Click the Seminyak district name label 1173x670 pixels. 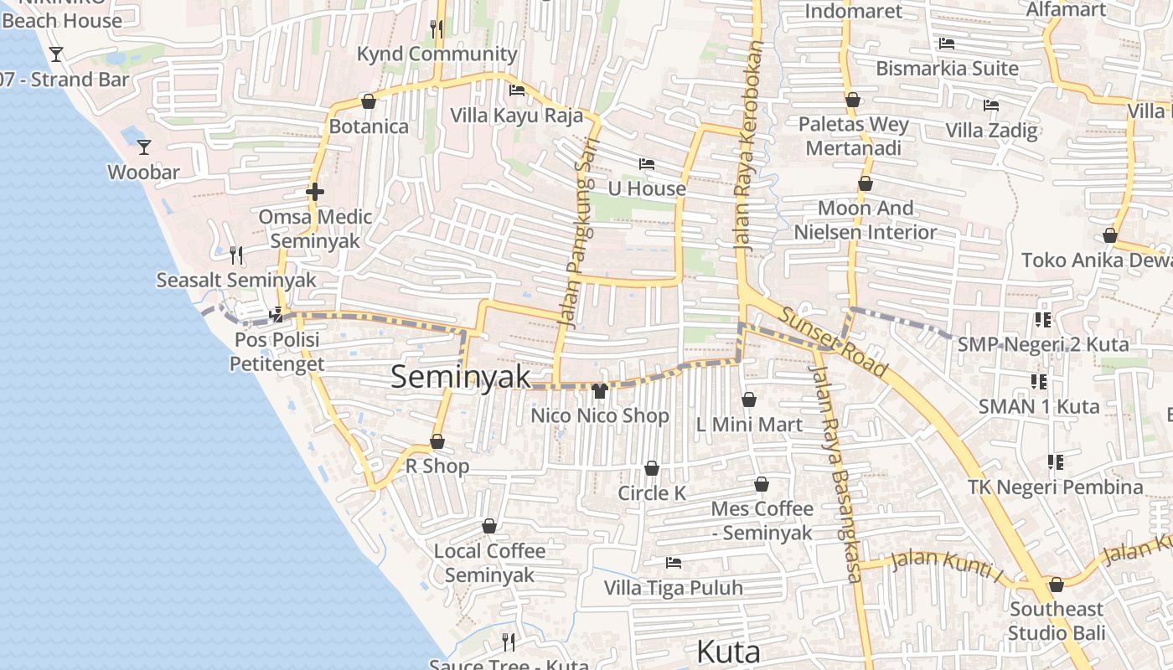(x=461, y=377)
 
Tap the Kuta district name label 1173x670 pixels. (x=728, y=652)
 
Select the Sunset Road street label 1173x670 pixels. (x=833, y=342)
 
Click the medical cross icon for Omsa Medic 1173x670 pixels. (x=315, y=192)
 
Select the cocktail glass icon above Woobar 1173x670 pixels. (x=144, y=147)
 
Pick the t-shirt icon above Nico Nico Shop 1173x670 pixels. (x=599, y=390)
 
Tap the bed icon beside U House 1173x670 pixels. (x=646, y=163)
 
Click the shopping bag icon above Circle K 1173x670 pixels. (x=652, y=468)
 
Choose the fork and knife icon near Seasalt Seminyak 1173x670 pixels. (x=236, y=255)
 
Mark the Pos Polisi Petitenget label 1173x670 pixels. (x=276, y=353)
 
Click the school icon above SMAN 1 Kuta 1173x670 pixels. (x=1039, y=382)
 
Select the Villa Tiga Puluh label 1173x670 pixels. (x=674, y=588)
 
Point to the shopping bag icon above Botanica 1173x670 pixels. (x=368, y=102)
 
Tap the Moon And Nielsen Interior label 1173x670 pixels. (x=866, y=219)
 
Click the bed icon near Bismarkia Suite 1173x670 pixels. (x=947, y=44)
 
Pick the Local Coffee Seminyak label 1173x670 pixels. (x=489, y=563)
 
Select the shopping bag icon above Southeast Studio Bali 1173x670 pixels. (x=1057, y=585)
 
